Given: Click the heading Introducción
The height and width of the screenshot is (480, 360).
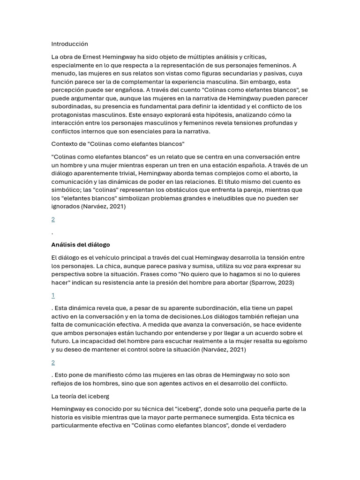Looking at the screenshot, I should (69, 44).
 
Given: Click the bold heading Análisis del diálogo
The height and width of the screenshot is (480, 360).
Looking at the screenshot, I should (81, 245).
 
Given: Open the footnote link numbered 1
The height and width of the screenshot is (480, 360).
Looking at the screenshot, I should (53, 295).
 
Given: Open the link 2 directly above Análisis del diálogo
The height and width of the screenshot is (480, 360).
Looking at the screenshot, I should (53, 219).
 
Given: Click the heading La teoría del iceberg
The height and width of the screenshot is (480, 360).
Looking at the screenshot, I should (80, 397).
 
